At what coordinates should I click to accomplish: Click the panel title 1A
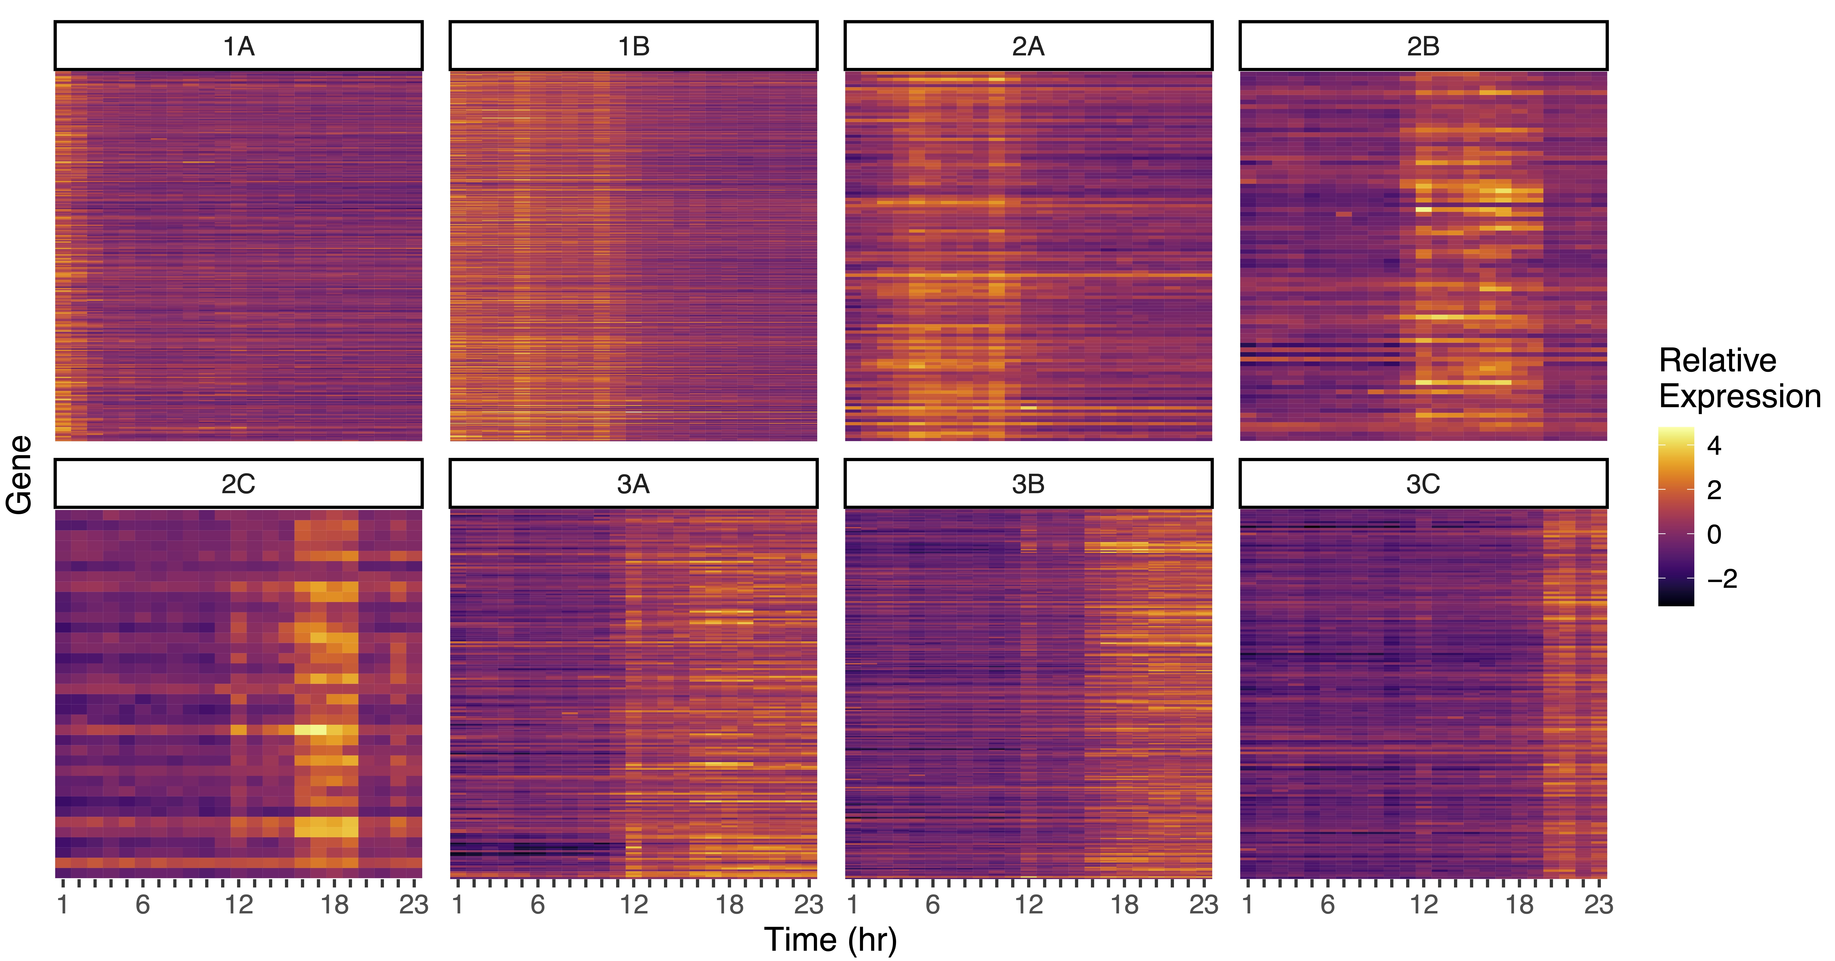tap(239, 46)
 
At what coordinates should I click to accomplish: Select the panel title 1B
tap(633, 46)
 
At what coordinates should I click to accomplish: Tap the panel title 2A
tap(1028, 46)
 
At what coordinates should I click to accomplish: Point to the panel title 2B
tap(1422, 46)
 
